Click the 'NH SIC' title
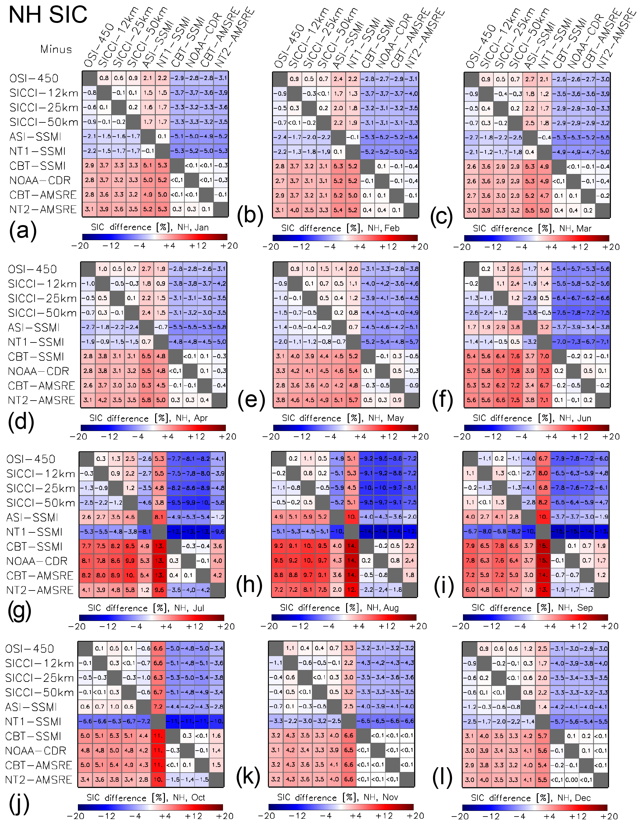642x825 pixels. (48, 15)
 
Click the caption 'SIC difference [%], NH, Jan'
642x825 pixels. (150, 227)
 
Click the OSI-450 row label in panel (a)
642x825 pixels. (34, 78)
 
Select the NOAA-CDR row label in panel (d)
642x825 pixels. (39, 371)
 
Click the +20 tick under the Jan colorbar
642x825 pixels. (229, 246)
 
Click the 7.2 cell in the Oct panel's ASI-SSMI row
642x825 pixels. (158, 706)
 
